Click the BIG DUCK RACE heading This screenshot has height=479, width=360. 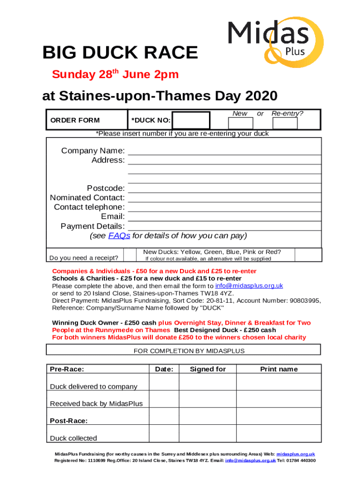pyautogui.click(x=120, y=53)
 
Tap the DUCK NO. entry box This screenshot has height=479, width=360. pyautogui.click(x=191, y=121)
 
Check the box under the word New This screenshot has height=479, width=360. pyautogui.click(x=240, y=123)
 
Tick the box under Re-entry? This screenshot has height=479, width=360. pyautogui.click(x=285, y=123)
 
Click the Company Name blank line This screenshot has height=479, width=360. pyautogui.click(x=224, y=151)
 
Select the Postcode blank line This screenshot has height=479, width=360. pyautogui.click(x=224, y=189)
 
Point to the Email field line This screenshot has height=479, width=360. pyautogui.click(x=224, y=217)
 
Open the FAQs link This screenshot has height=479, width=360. pyautogui.click(x=119, y=236)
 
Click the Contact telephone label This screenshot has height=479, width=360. pyautogui.click(x=89, y=207)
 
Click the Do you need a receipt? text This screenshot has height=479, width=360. pyautogui.click(x=84, y=258)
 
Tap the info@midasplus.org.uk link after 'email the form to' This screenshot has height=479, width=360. pyautogui.click(x=249, y=286)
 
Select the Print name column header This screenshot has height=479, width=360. pyautogui.click(x=279, y=369)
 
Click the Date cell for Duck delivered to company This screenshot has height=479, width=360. pyautogui.click(x=164, y=382)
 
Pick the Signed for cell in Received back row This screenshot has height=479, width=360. pyautogui.click(x=208, y=399)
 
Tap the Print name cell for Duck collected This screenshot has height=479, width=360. pyautogui.click(x=279, y=433)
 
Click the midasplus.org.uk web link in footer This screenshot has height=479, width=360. pyautogui.click(x=295, y=454)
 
